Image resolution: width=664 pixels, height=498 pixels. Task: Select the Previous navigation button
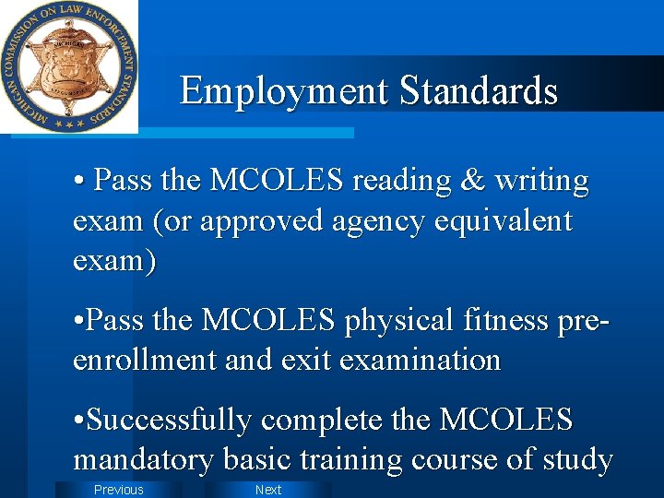119,490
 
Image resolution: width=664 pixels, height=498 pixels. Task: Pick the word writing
541,182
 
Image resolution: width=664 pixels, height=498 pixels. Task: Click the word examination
421,360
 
